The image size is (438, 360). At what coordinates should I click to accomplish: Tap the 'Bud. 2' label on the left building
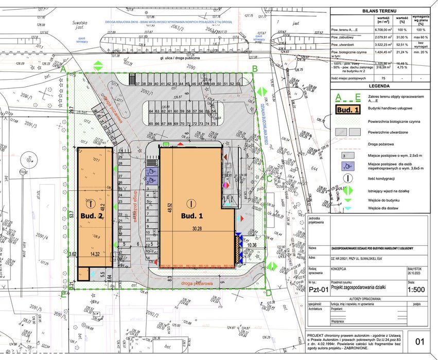click(92, 215)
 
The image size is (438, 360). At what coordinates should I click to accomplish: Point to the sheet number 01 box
click(420, 340)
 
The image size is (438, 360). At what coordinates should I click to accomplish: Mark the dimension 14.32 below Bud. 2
click(94, 254)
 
